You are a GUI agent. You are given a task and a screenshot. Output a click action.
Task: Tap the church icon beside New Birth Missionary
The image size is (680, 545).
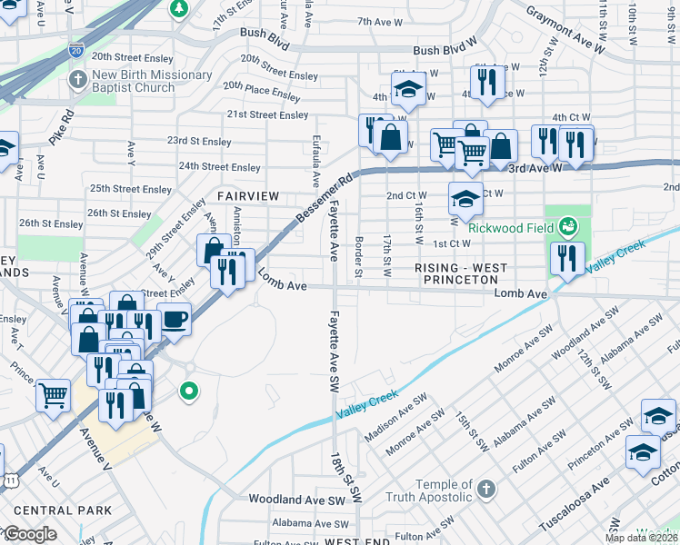[x=78, y=80]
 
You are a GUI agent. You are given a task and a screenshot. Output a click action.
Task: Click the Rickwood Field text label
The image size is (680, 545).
[x=512, y=227]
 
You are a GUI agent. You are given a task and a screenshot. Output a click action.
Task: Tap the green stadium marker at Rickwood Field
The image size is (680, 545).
[x=568, y=224]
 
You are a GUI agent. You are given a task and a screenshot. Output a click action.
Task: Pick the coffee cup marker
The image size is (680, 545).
[x=174, y=319]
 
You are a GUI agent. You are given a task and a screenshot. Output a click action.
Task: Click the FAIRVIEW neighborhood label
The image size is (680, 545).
[x=246, y=196]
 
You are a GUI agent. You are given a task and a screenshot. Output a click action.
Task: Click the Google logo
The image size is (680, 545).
[x=29, y=534]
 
